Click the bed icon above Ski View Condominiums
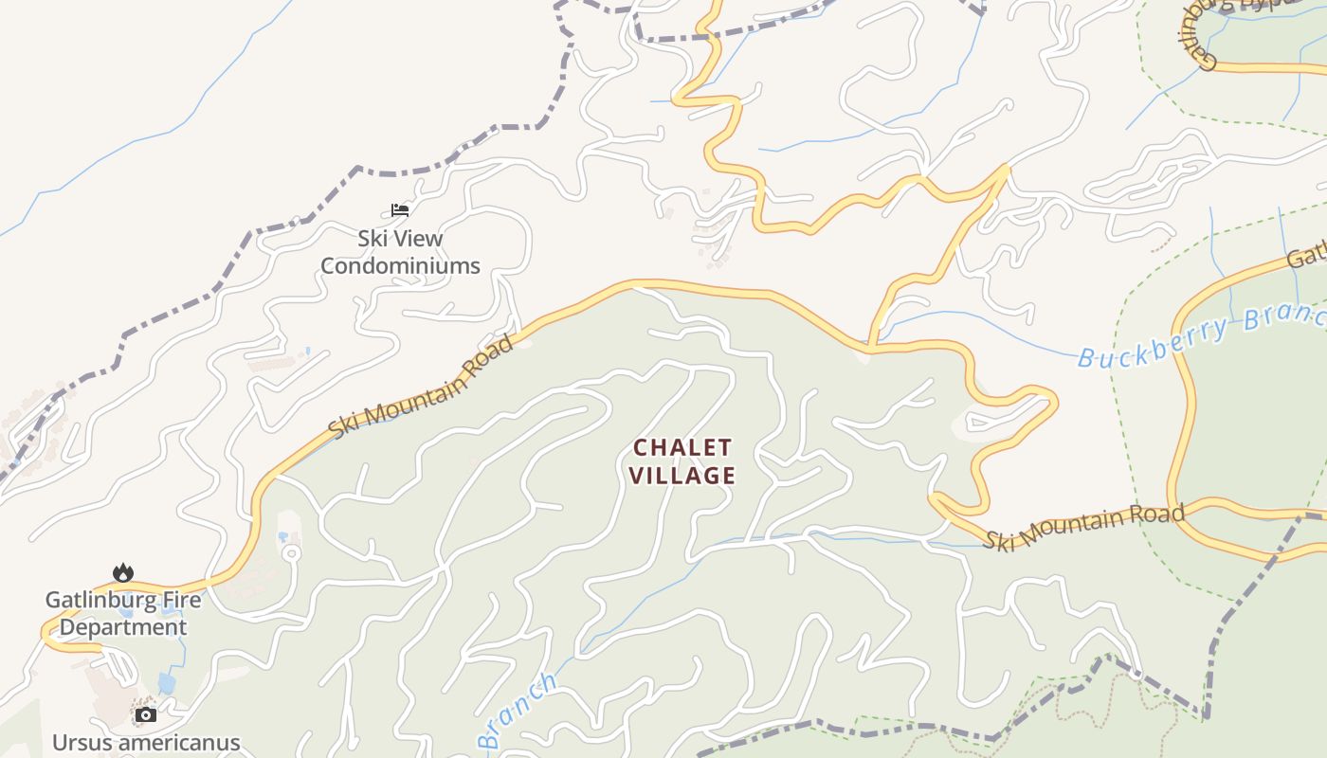(400, 209)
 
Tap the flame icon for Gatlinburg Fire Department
(123, 572)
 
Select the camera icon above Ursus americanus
(145, 714)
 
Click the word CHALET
(682, 446)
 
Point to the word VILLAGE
(682, 475)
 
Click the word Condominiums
(400, 265)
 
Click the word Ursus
(79, 742)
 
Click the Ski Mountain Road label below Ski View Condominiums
(422, 386)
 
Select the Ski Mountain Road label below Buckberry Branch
(1083, 527)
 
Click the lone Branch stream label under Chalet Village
(517, 711)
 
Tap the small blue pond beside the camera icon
(167, 683)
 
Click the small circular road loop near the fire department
(291, 552)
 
